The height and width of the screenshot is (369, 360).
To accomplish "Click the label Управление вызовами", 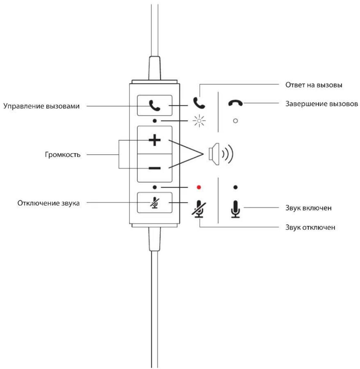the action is click(42, 106).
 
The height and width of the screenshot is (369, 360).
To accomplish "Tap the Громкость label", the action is click(62, 155).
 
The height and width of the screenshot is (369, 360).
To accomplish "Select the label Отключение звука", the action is click(48, 203).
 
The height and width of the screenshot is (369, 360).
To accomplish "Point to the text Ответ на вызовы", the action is click(314, 85).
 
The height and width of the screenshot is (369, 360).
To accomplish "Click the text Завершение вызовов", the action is click(322, 104).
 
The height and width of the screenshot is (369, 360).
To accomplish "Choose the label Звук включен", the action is click(308, 208).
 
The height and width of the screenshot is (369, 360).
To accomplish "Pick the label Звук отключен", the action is click(310, 227).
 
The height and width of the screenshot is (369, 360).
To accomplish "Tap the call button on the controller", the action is click(154, 105).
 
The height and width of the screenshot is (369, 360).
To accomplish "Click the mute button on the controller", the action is click(154, 203).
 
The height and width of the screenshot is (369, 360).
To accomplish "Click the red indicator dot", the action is click(199, 187).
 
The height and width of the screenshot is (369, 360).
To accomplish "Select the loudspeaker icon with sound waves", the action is click(221, 154).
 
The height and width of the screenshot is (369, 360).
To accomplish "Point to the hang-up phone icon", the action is click(235, 103).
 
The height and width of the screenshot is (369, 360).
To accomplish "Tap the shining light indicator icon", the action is click(199, 121).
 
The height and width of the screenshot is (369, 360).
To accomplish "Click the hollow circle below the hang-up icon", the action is click(235, 121).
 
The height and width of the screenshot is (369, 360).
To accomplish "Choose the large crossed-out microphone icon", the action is click(199, 209).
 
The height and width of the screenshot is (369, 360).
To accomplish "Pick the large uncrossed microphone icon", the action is click(235, 209).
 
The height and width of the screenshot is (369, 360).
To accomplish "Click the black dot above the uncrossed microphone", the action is click(235, 187).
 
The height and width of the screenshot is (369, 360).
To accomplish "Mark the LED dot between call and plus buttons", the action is click(154, 121).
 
